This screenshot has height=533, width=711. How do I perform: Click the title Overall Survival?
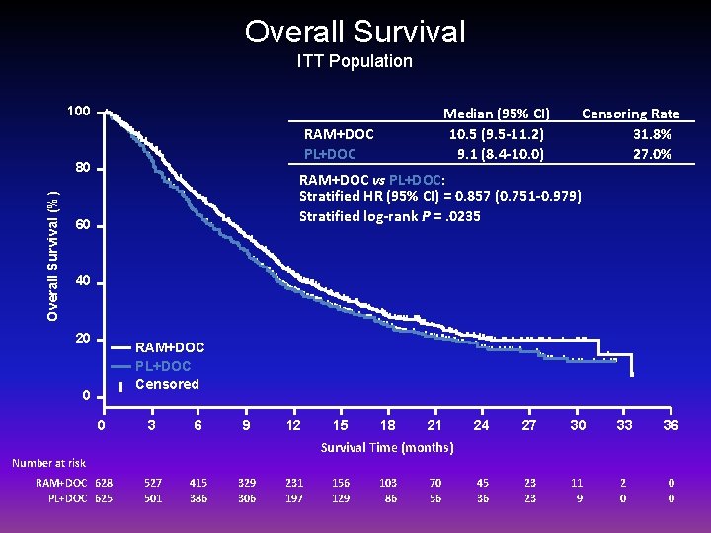(x=355, y=32)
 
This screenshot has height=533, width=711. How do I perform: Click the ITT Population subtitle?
(x=355, y=61)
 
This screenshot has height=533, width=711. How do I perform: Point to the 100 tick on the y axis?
(x=79, y=112)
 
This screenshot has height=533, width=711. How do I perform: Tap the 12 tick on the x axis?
(x=293, y=425)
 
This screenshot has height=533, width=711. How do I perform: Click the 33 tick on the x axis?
(x=624, y=425)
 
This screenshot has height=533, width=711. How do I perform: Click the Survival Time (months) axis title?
(x=387, y=448)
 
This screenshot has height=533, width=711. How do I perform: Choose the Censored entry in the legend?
(x=167, y=384)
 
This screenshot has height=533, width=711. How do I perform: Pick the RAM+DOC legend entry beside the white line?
(x=170, y=347)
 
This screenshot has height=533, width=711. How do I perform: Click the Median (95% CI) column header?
(x=497, y=114)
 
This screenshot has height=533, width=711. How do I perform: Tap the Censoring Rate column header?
(x=630, y=114)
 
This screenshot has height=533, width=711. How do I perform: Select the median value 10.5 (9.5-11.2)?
(x=497, y=133)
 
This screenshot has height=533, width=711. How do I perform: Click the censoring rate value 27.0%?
(x=652, y=153)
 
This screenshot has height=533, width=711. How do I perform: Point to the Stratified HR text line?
(x=439, y=196)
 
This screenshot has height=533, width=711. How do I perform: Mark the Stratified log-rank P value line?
(x=390, y=215)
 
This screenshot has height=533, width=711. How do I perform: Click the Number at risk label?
(x=48, y=463)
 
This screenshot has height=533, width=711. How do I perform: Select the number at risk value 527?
(x=152, y=483)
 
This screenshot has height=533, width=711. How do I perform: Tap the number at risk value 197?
(x=294, y=498)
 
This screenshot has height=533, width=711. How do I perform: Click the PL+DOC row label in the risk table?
(x=68, y=498)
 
